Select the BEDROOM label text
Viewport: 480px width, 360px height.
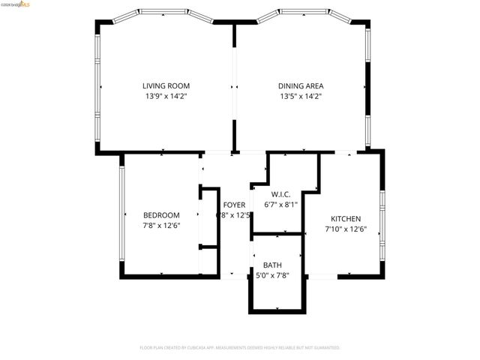[161, 215]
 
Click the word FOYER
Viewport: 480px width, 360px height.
[233, 205]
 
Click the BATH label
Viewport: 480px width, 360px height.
[272, 265]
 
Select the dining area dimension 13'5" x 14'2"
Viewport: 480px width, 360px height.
[300, 96]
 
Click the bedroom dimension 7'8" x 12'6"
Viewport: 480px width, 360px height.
[161, 225]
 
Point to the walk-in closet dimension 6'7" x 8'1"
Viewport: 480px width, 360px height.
[281, 203]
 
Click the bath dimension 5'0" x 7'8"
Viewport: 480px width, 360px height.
[272, 275]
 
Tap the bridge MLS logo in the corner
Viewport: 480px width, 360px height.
[16, 4]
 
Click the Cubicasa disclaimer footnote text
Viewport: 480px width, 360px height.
[240, 348]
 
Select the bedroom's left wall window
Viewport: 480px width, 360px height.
[121, 215]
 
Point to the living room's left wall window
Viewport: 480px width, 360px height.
[97, 86]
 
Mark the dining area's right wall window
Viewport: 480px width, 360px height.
[367, 86]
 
